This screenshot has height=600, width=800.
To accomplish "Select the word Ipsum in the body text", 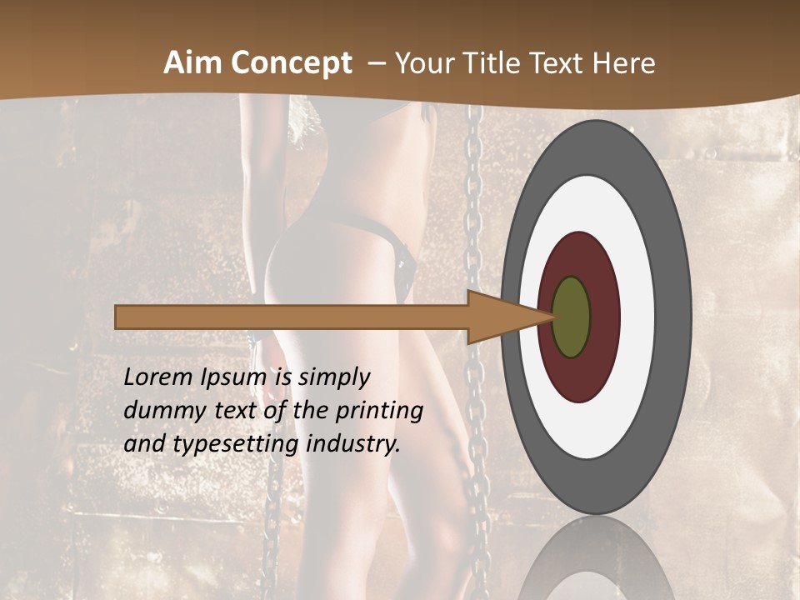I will (232, 378).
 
